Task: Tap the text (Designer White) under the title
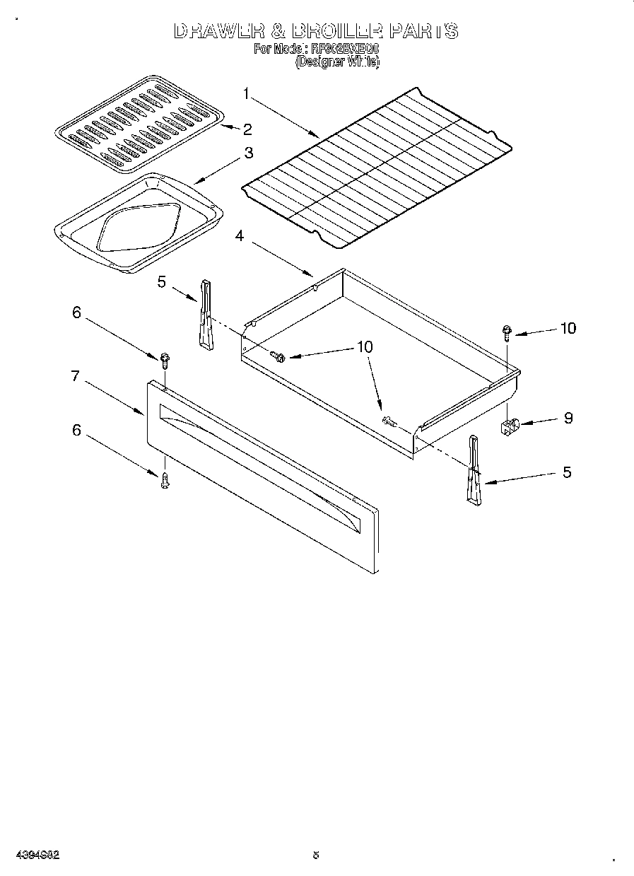[x=337, y=62]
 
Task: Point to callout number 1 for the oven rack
[x=247, y=93]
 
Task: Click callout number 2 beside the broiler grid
[x=247, y=129]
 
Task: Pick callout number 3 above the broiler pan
[x=249, y=152]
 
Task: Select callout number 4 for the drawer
[x=240, y=236]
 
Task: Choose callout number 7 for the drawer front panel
[x=75, y=376]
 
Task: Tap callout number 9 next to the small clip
[x=568, y=418]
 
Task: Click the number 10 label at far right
[x=568, y=328]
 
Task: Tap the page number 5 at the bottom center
[x=316, y=855]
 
